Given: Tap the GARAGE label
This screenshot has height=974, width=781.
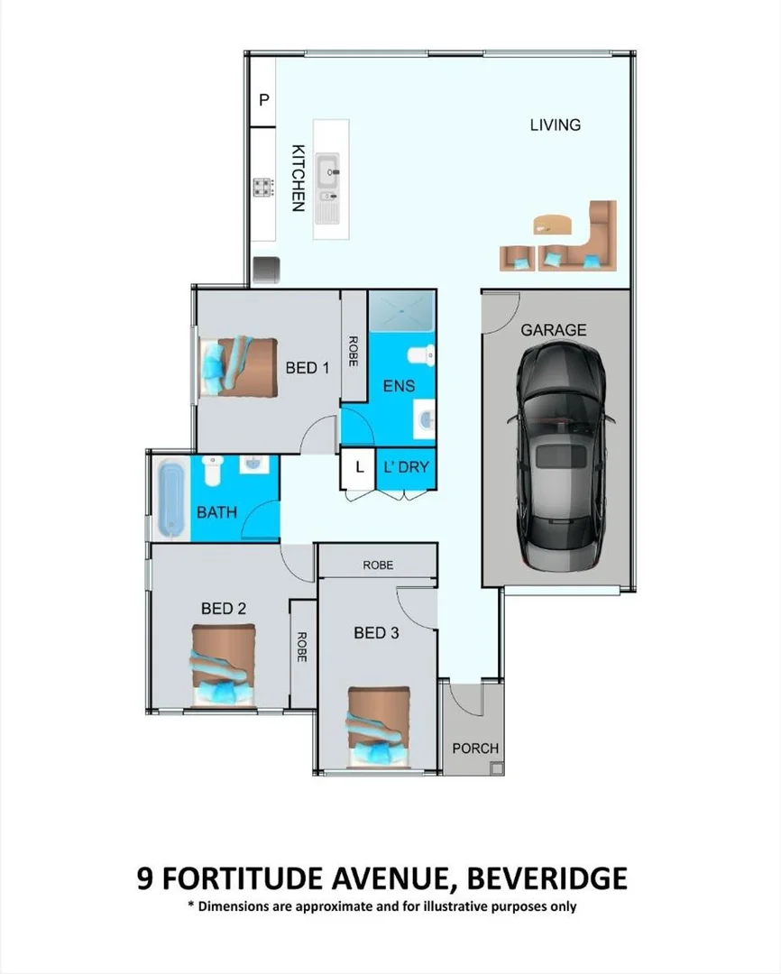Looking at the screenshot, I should point(553,330).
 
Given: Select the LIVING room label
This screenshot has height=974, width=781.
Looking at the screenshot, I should point(555,125).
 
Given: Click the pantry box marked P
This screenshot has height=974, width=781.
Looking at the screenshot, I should point(264,100).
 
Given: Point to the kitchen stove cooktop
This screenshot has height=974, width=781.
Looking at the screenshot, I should point(263,187).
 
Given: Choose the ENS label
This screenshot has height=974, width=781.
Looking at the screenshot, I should point(399,386).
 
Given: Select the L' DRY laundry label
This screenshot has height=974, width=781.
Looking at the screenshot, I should point(407,467).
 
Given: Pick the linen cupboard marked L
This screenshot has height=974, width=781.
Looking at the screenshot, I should point(359,467).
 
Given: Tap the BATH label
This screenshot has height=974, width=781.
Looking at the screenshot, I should point(216,512).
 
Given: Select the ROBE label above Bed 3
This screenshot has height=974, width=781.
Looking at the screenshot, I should point(378,565).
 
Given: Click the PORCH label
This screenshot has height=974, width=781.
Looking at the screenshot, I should point(474,749).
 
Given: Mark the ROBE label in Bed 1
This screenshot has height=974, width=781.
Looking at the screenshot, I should point(354,350).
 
